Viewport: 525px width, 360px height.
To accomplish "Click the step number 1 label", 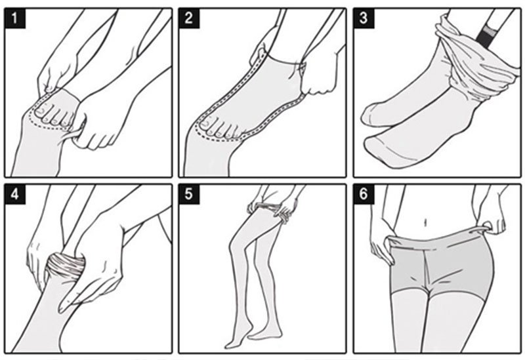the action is coord(15,18).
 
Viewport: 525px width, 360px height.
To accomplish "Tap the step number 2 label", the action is coord(189,18).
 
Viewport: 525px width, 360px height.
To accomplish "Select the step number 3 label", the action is coord(364,18).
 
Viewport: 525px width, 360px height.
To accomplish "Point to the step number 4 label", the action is coord(15,194).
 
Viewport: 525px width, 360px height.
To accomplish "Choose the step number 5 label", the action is coord(189,194).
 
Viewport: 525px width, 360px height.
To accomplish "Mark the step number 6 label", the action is coord(364,194).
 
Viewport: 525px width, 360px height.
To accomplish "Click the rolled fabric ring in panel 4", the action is coord(65,265).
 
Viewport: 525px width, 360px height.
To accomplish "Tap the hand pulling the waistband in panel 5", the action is coord(288,208).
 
